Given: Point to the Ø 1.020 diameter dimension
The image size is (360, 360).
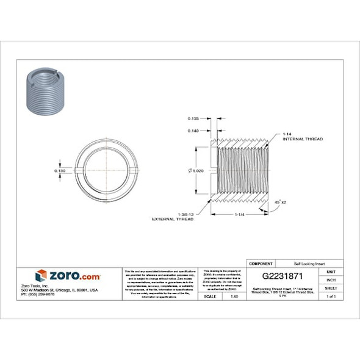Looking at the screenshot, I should coord(195,171).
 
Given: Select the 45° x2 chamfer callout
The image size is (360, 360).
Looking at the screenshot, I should coord(280,201).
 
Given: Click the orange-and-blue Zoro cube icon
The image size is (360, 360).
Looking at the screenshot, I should coord(41,276).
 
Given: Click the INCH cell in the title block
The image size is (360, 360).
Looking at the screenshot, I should coord(331,279).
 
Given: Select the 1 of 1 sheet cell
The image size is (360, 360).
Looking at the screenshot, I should coord(331,296).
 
